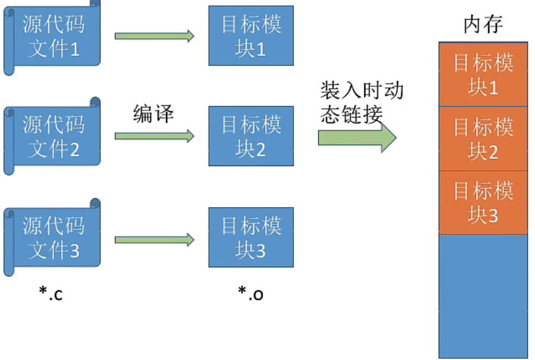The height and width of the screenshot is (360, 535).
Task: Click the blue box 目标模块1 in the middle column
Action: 251,36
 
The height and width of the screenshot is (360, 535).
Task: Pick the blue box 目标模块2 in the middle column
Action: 251,136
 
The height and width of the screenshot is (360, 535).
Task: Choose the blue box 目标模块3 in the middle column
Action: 251,237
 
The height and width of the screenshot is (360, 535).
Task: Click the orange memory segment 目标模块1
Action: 483,75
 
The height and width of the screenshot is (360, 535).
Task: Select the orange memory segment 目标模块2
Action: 483,139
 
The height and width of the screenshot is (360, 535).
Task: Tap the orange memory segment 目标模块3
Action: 483,203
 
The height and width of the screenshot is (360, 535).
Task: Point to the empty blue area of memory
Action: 483,296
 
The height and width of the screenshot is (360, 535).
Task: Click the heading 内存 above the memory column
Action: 483,24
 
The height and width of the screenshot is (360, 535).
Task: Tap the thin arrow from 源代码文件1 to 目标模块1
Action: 154,36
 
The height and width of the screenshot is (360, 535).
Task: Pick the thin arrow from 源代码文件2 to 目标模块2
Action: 154,136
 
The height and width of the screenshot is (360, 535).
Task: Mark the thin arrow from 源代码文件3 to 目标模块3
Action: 154,240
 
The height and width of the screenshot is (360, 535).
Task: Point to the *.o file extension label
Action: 251,293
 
